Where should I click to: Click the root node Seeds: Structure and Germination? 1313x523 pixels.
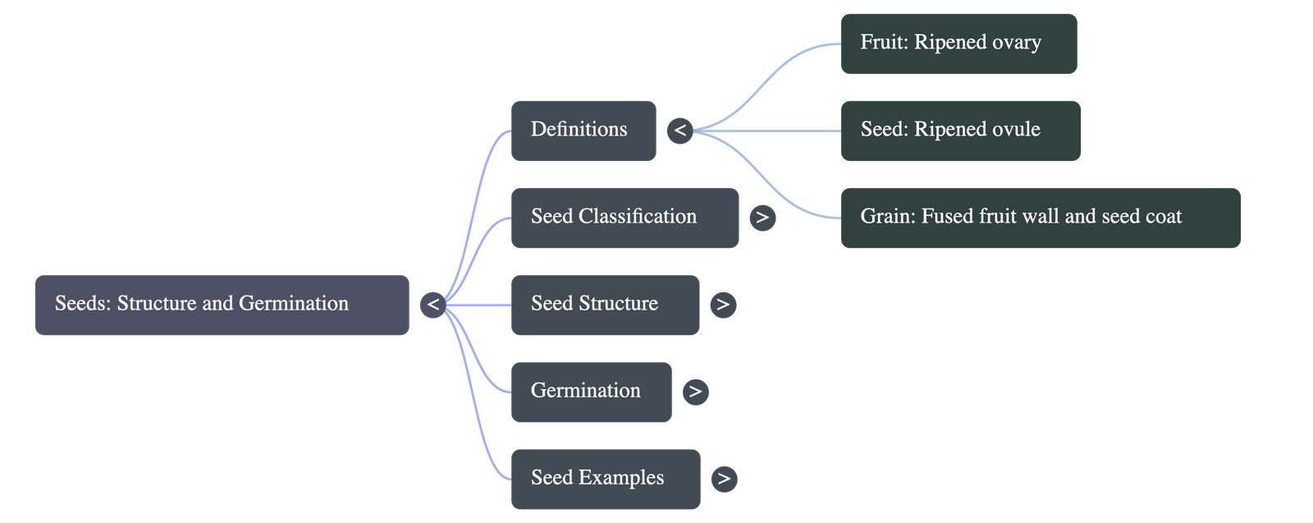[x=222, y=305]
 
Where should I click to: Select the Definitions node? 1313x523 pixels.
[x=583, y=131]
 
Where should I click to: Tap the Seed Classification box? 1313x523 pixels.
[x=624, y=218]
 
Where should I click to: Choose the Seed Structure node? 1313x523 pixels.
[x=605, y=305]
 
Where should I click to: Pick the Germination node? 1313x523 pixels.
[x=591, y=392]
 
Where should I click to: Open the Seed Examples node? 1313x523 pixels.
[x=606, y=479]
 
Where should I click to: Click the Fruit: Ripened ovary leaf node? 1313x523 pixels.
[x=958, y=44]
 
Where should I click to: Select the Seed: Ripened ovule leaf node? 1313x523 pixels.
[x=960, y=131]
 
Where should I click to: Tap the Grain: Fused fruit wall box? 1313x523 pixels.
[x=1040, y=218]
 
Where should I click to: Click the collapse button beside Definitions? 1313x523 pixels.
[x=679, y=131]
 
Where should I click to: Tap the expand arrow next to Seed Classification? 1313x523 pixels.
[x=762, y=218]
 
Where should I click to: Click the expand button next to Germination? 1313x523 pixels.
[x=695, y=392]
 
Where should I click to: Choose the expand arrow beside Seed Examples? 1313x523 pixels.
[x=723, y=479]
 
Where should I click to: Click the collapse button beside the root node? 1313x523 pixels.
[x=432, y=305]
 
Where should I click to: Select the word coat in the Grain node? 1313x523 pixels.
[x=1163, y=217]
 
